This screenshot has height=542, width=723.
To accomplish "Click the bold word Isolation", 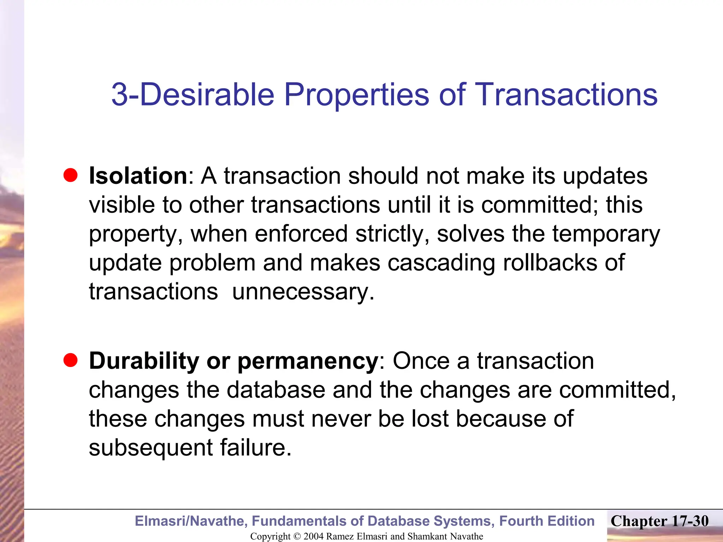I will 138,176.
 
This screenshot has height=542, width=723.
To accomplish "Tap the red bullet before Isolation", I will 71,175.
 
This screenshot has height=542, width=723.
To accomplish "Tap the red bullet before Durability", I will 71,360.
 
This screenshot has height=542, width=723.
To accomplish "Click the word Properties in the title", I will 357,95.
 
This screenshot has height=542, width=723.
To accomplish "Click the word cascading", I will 441,263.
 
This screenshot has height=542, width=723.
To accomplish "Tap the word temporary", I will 606,234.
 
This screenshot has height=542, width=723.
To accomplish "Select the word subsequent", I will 150,448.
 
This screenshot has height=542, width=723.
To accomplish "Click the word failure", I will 256,447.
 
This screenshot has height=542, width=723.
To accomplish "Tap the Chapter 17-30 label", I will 659,521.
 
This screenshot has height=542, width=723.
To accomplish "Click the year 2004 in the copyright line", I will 313,536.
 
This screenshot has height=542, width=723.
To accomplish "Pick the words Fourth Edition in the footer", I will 547,521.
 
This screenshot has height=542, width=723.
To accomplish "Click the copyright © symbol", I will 297,536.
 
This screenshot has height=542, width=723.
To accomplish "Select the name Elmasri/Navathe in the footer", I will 191,521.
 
